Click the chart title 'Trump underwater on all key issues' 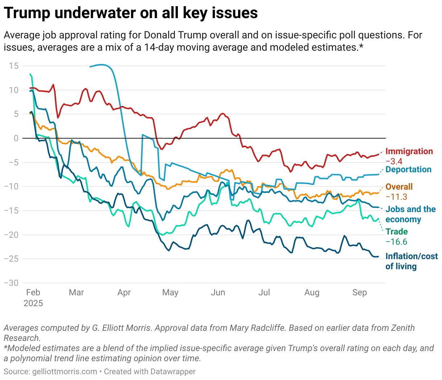click(x=131, y=13)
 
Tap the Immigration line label click(x=409, y=151)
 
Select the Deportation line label click(x=408, y=169)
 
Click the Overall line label click(x=399, y=187)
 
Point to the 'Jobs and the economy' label click(x=410, y=214)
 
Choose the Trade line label click(x=396, y=232)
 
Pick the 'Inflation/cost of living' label click(x=411, y=261)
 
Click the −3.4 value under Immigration click(x=394, y=161)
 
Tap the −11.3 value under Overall click(x=396, y=197)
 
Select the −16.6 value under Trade click(x=396, y=242)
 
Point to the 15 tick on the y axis click(x=14, y=66)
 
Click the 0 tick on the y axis click(x=16, y=138)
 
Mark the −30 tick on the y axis click(x=11, y=283)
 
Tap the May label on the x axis click(x=170, y=292)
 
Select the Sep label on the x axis click(x=359, y=292)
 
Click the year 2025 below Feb click(x=33, y=303)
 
